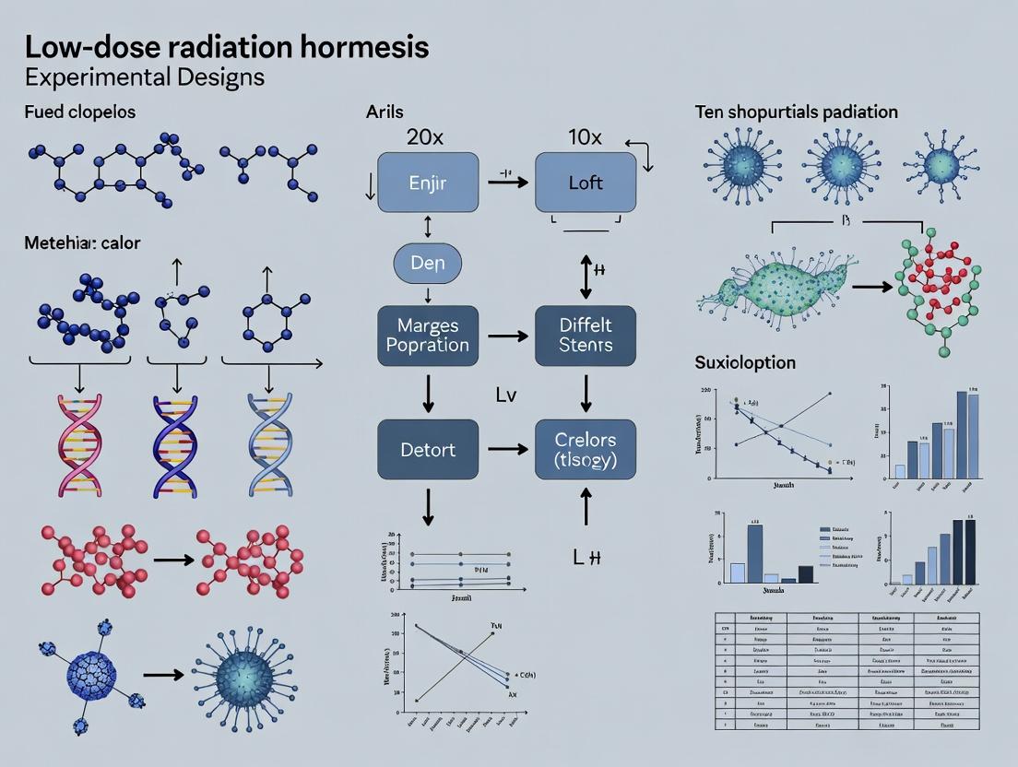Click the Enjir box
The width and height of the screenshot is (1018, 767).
pos(428,183)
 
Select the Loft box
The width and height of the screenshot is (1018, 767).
pos(586,183)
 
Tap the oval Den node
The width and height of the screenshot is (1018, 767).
pos(428,263)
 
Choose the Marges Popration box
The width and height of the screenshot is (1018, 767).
pos(428,336)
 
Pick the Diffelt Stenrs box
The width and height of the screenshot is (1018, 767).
pos(586,336)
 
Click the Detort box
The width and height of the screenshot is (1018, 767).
pos(428,449)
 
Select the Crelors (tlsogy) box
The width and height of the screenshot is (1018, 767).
pos(586,449)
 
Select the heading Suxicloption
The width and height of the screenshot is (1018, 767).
pos(744,362)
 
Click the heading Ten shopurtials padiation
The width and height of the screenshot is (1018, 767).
pos(796,112)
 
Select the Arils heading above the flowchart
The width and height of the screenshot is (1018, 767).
pos(385,112)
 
